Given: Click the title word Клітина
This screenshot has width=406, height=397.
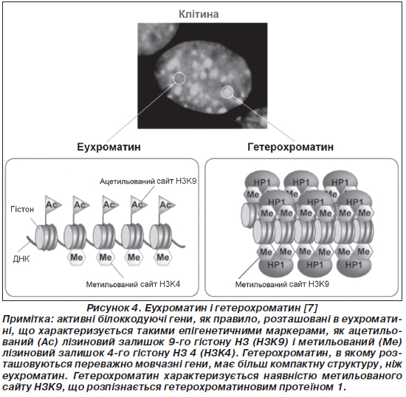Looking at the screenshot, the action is coord(199,14).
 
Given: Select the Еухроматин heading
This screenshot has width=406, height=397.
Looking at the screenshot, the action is coord(109,147).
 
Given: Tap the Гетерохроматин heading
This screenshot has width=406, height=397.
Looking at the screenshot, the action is coord(291,147).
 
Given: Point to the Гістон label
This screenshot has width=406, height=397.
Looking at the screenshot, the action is coord(22,209).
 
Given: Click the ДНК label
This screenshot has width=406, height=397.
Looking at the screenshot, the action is coord(21,259).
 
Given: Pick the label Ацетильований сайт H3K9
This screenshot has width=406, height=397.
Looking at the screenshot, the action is coord(148,182).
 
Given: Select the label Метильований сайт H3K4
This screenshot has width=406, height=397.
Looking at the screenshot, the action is coord(133,284).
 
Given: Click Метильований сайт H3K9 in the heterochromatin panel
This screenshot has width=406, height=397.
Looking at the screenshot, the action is coord(282,284).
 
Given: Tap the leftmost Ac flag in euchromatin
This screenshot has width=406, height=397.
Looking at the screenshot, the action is coord(52,205).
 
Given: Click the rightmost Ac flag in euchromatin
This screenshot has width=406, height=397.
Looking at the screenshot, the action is coord(167,205).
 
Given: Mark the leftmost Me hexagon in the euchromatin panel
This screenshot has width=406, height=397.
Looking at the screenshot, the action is coord(76,258).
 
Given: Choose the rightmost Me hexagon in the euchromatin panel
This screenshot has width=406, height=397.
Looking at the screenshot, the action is coord(162,258).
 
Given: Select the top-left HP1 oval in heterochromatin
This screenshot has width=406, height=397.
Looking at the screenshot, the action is coord(262,181).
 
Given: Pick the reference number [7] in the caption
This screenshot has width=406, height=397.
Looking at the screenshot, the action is coord(311,308).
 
